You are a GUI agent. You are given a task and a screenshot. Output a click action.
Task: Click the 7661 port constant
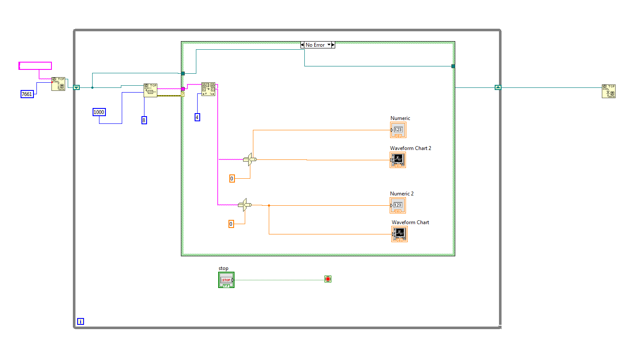[27, 94]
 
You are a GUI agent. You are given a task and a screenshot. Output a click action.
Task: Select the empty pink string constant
[35, 66]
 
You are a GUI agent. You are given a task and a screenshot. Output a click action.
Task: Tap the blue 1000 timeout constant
[99, 112]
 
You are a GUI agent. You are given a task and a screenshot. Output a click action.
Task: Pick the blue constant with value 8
[144, 120]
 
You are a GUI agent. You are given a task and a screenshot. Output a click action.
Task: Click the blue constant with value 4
[197, 117]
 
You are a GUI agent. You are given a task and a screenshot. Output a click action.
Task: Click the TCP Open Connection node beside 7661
[58, 84]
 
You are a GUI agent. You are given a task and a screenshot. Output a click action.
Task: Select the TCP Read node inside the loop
[150, 90]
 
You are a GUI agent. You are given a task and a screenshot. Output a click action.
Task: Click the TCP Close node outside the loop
[608, 91]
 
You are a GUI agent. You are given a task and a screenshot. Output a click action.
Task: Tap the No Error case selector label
[315, 45]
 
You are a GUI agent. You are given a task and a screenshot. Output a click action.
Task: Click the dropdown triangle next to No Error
[329, 45]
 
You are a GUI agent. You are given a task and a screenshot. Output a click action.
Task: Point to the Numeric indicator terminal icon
[398, 130]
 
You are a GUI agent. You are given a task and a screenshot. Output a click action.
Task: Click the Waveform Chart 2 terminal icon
[398, 160]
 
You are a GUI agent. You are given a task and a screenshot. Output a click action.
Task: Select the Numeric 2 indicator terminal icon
[398, 205]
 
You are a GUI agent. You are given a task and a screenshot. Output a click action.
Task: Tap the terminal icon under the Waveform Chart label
[399, 234]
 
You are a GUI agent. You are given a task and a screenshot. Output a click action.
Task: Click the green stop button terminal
[226, 280]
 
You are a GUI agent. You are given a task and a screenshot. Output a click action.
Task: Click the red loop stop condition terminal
[328, 279]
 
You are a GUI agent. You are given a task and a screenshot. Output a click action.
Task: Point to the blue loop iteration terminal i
[80, 321]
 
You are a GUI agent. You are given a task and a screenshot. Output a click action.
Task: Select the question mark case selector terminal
[183, 94]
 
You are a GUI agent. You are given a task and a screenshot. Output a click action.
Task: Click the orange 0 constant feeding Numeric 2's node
[231, 224]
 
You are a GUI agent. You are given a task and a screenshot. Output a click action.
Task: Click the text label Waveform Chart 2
[410, 148]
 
